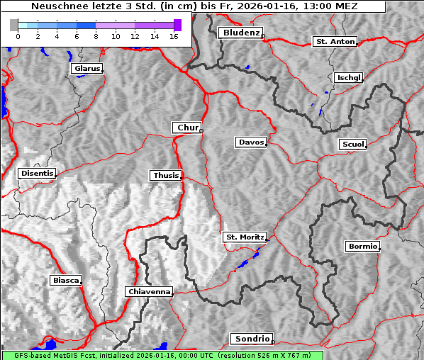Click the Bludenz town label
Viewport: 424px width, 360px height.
point(240,33)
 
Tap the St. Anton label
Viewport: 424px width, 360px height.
point(335,42)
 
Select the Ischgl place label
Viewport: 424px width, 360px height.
point(349,77)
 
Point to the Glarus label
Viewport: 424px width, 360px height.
point(87,69)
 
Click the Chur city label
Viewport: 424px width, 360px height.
point(187,128)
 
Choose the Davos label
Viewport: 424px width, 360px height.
point(251,142)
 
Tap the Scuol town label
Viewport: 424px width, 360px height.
point(352,144)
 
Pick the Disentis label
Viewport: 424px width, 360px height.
point(37,173)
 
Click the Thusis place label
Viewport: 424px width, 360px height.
point(166,175)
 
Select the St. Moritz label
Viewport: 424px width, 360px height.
point(244,237)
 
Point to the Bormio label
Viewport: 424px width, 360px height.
point(362,247)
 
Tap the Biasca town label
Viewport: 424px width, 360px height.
point(66,280)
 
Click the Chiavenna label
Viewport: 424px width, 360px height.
point(149,291)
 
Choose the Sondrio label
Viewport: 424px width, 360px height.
point(251,339)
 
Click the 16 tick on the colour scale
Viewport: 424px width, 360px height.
point(173,35)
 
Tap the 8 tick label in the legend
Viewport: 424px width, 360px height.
point(96,35)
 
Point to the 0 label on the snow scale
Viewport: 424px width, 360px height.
point(18,35)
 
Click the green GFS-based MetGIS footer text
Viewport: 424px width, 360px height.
point(162,355)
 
